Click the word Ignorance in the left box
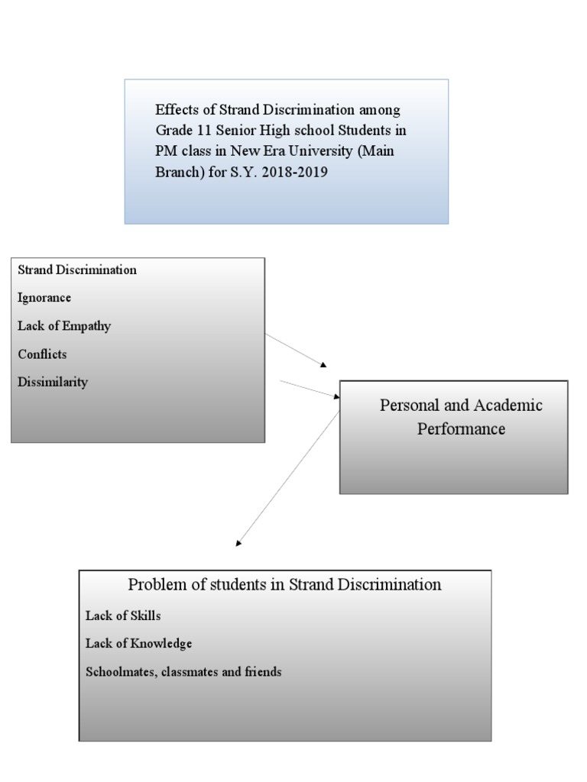point(44,298)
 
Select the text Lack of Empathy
point(64,326)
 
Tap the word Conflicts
point(42,354)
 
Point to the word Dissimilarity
point(53,383)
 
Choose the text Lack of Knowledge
point(138,644)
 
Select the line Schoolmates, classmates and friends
point(183,672)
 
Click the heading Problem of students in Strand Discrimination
point(284,585)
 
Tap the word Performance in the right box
point(461,429)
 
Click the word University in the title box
point(342,151)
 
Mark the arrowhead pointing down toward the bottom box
point(239,544)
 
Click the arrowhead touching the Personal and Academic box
point(336,396)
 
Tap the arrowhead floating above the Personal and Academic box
point(323,365)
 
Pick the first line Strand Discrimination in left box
point(77,270)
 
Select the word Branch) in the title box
point(177,172)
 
